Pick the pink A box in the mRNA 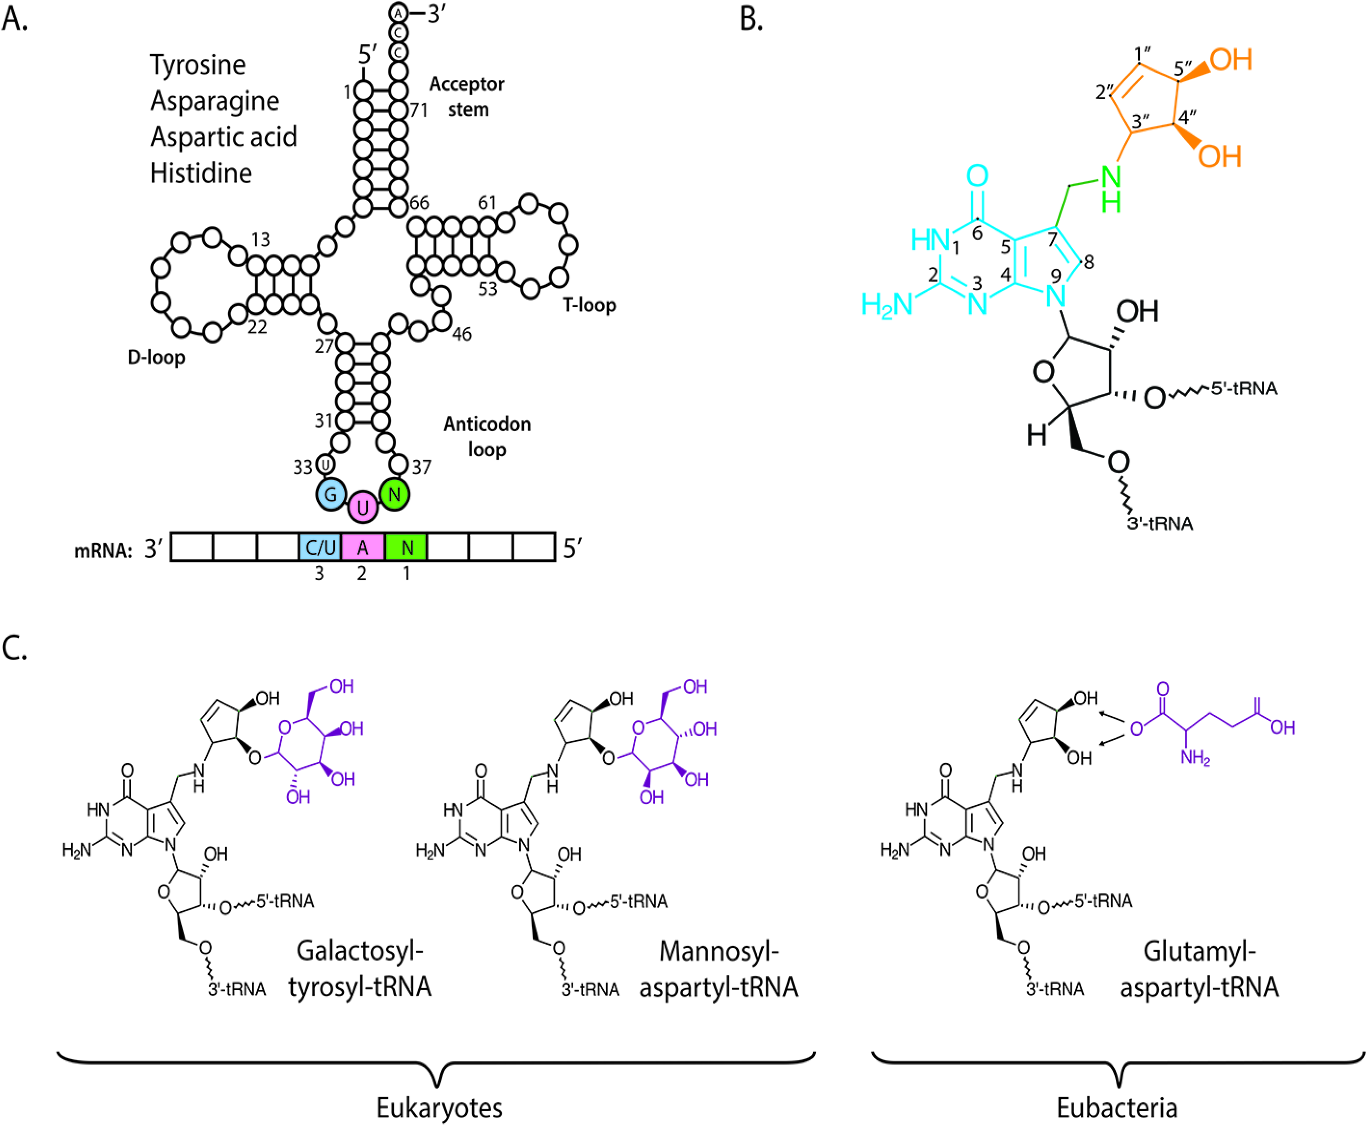point(363,547)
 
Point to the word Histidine point(201,173)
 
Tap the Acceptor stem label point(467,96)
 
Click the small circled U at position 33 point(325,464)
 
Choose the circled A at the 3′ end point(398,12)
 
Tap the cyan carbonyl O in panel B point(977,176)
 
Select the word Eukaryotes point(439,1107)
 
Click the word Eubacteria point(1117,1107)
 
